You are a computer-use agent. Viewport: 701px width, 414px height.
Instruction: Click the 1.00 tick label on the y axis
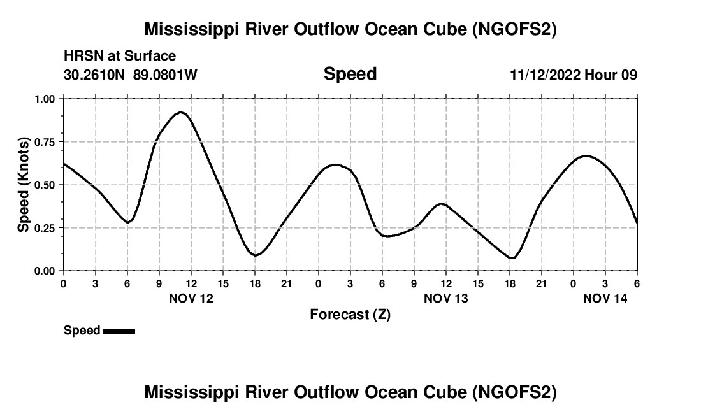pyautogui.click(x=45, y=99)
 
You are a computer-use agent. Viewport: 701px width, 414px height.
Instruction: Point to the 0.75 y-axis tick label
pyautogui.click(x=45, y=141)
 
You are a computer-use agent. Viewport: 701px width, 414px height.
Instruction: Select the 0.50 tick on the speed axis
pyautogui.click(x=45, y=185)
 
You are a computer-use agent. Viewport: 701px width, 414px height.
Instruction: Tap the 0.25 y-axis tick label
pyautogui.click(x=45, y=227)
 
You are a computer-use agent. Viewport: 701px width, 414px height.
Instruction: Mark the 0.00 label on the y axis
pyautogui.click(x=45, y=271)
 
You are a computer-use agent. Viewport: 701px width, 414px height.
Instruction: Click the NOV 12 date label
pyautogui.click(x=191, y=298)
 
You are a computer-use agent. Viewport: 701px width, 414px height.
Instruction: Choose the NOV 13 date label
pyautogui.click(x=445, y=298)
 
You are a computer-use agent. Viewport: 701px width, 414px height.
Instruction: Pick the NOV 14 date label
pyautogui.click(x=605, y=298)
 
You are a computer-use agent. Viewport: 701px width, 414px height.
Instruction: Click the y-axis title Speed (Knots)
pyautogui.click(x=24, y=185)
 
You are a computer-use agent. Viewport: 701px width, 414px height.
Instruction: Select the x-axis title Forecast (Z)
pyautogui.click(x=350, y=315)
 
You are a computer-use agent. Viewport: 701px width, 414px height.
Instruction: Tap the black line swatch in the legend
pyautogui.click(x=119, y=331)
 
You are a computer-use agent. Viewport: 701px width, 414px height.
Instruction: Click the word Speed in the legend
pyautogui.click(x=82, y=331)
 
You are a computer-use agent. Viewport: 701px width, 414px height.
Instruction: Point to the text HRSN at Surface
pyautogui.click(x=120, y=57)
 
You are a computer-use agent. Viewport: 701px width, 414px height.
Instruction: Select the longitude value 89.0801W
pyautogui.click(x=165, y=75)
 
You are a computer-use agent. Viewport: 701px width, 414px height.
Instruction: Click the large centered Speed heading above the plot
pyautogui.click(x=350, y=74)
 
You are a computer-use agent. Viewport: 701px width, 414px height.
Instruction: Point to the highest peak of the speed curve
pyautogui.click(x=181, y=112)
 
